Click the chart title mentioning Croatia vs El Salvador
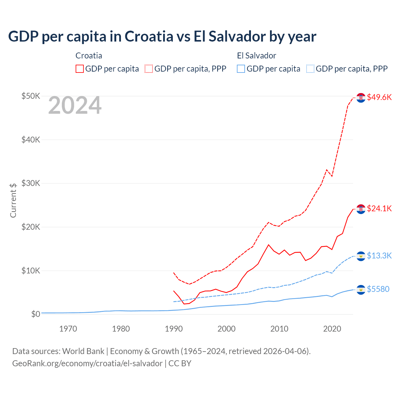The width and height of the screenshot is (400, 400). (x=162, y=36)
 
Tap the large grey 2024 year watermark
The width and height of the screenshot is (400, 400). (x=75, y=105)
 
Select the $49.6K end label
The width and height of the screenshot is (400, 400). (x=379, y=97)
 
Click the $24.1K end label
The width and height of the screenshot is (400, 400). (x=379, y=208)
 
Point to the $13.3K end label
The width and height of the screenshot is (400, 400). (x=379, y=256)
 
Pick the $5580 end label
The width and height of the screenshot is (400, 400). (x=378, y=289)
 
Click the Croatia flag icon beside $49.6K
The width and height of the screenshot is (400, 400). (x=361, y=97)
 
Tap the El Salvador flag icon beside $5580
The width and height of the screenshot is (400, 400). (x=361, y=290)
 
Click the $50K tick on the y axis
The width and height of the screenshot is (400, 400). (x=31, y=96)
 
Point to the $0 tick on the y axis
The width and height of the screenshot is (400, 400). (x=36, y=314)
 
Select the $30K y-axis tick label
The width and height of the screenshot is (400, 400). (x=31, y=183)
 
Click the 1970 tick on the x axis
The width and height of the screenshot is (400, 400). (x=68, y=329)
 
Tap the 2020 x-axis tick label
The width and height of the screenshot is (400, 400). (x=332, y=329)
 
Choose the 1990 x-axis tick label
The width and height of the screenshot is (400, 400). (x=174, y=329)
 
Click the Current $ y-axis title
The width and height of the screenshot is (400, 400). (x=13, y=200)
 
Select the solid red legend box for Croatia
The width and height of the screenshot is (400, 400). (x=80, y=69)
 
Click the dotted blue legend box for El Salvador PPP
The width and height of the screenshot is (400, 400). (x=310, y=69)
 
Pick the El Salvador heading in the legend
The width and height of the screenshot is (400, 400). (x=256, y=56)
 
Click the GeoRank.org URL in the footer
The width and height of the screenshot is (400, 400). (x=87, y=363)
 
